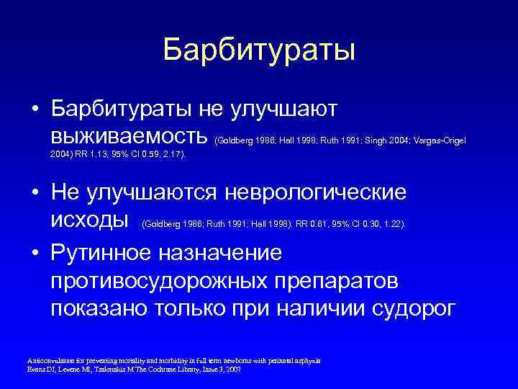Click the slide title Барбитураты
(259, 50)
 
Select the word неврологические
(316, 193)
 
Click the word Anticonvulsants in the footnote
(48, 359)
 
